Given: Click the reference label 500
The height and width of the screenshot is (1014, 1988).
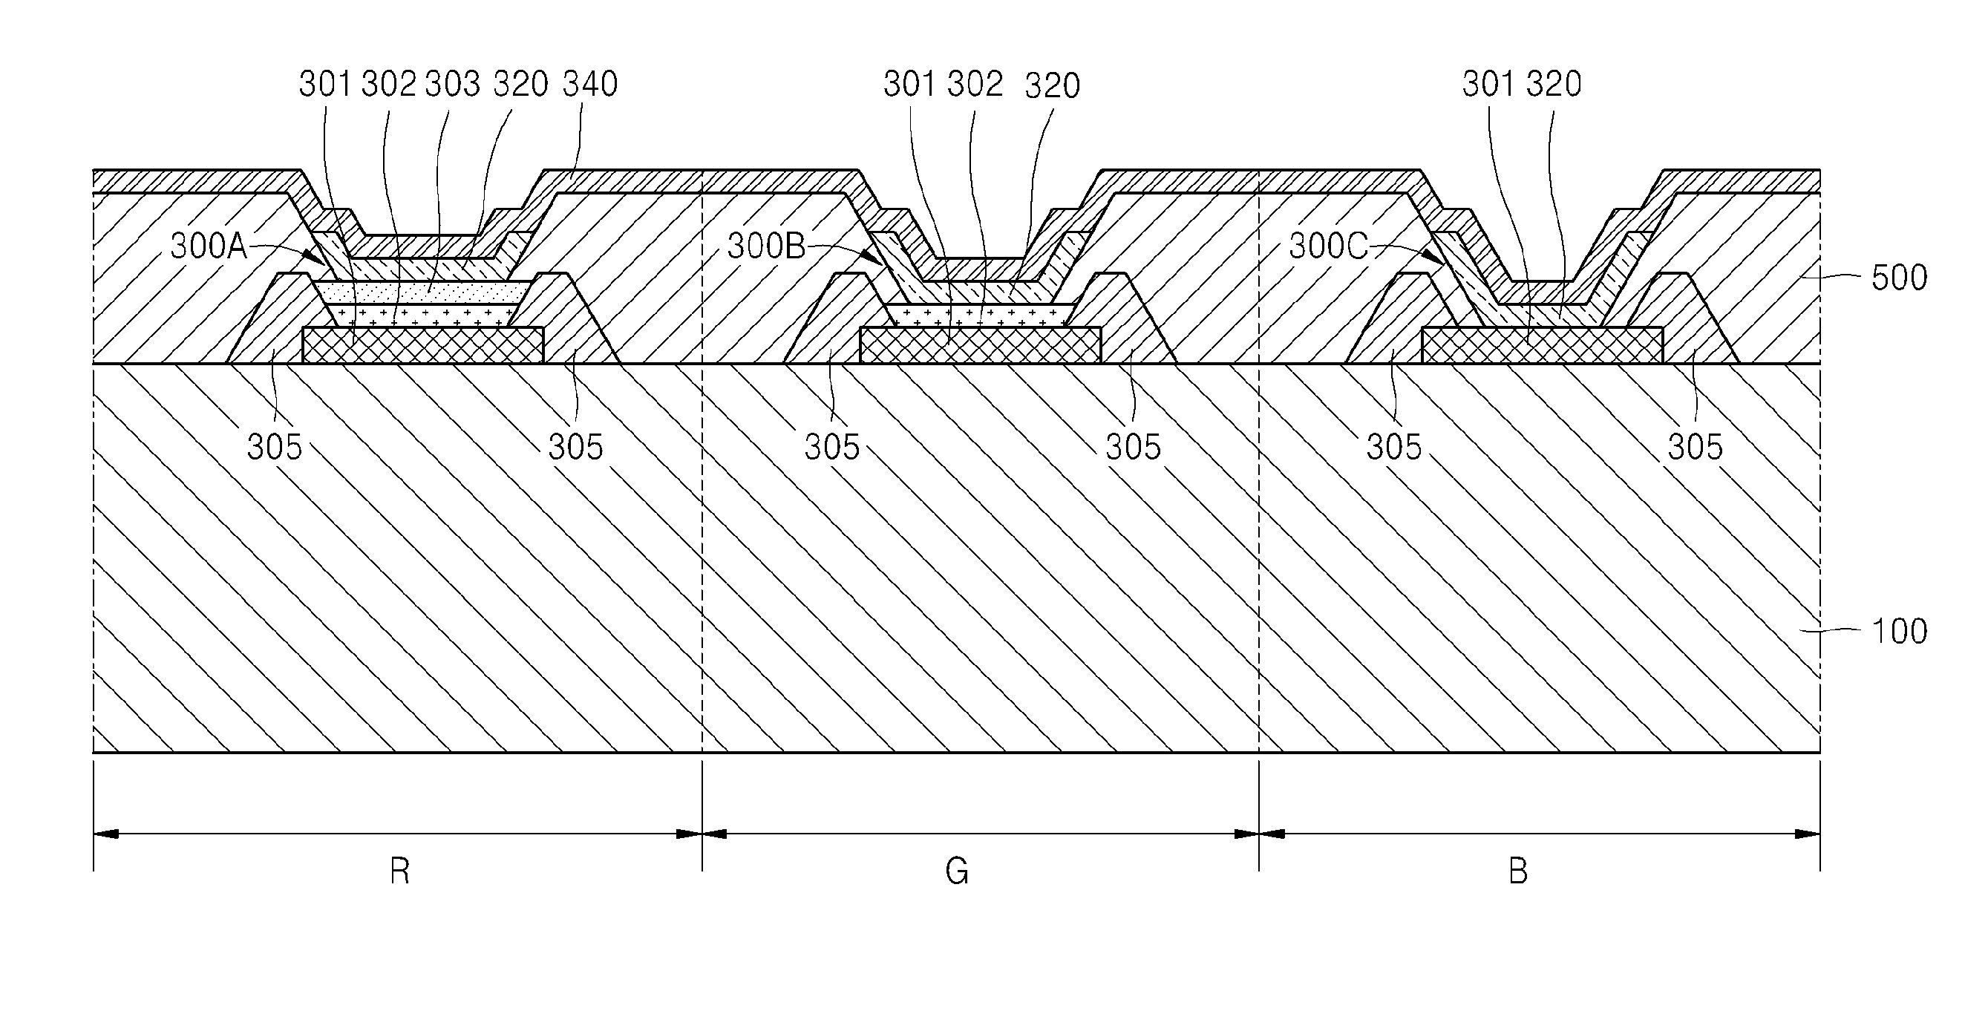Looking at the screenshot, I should coord(1898,278).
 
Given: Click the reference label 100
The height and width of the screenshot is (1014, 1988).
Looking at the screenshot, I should coord(1899,631).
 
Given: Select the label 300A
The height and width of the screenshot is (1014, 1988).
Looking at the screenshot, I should coord(208,246).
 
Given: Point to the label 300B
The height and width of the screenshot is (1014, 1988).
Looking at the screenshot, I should coord(765,246).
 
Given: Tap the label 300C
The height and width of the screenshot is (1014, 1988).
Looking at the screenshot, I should coord(1327,246).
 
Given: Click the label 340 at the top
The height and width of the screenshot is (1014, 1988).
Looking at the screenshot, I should coord(589,84).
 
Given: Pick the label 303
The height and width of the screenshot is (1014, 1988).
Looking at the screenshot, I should coord(452,84).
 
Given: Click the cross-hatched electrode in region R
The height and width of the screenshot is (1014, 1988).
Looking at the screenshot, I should coord(423,345).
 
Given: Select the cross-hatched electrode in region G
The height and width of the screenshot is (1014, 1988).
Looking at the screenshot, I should coord(980,345).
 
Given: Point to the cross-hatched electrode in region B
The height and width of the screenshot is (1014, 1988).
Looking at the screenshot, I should coord(1541,345).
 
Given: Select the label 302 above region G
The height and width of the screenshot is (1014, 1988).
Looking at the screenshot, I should coord(975,84).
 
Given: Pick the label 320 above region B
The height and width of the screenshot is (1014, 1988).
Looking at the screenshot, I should coord(1554,84).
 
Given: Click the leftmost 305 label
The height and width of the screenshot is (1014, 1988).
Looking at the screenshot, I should coord(274,447).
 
